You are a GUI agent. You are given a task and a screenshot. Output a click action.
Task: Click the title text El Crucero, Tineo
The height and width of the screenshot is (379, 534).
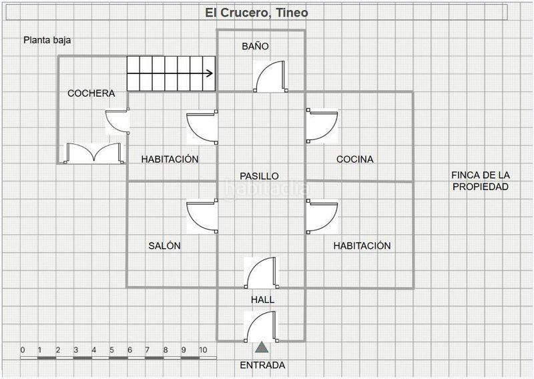coord(256,13)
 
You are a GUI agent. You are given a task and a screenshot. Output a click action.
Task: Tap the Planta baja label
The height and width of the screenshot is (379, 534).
coord(47,40)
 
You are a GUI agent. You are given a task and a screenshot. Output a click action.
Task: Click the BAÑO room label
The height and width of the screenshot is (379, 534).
coord(254,47)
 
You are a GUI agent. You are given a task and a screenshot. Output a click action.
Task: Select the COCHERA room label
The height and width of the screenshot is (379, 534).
coord(91,93)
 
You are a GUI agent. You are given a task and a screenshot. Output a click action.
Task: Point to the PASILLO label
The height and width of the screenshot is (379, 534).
coord(259,175)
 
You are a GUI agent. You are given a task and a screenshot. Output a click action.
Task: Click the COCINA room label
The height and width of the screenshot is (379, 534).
coord(354,159)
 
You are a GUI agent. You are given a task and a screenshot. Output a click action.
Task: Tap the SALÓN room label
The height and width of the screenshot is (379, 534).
coord(164,246)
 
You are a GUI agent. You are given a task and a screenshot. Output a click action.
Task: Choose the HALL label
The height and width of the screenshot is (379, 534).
coord(262,300)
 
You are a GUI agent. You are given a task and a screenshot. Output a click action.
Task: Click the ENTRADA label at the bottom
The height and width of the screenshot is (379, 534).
coord(262,365)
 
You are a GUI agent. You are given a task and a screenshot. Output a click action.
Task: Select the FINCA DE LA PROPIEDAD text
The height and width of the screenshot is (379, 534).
coord(481,181)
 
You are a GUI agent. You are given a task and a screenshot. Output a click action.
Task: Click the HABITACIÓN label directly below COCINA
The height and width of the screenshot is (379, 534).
coord(362,246)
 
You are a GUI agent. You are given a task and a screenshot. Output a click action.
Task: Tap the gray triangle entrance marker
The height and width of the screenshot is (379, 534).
coord(262,347)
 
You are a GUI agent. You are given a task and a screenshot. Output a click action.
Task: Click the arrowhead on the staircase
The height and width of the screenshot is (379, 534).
coord(210,74)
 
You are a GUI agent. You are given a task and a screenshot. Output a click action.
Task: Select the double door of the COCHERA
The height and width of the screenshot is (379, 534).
coord(93,153)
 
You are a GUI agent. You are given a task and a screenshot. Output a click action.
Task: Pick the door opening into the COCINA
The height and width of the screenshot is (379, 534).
coord(322,126)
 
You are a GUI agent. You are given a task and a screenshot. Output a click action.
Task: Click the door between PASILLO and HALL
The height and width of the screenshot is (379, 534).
coord(262,273)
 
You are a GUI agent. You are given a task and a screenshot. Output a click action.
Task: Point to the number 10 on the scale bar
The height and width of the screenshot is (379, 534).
coord(203,350)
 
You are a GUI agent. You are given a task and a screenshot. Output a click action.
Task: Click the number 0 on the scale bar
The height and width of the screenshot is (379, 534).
coord(22,350)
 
